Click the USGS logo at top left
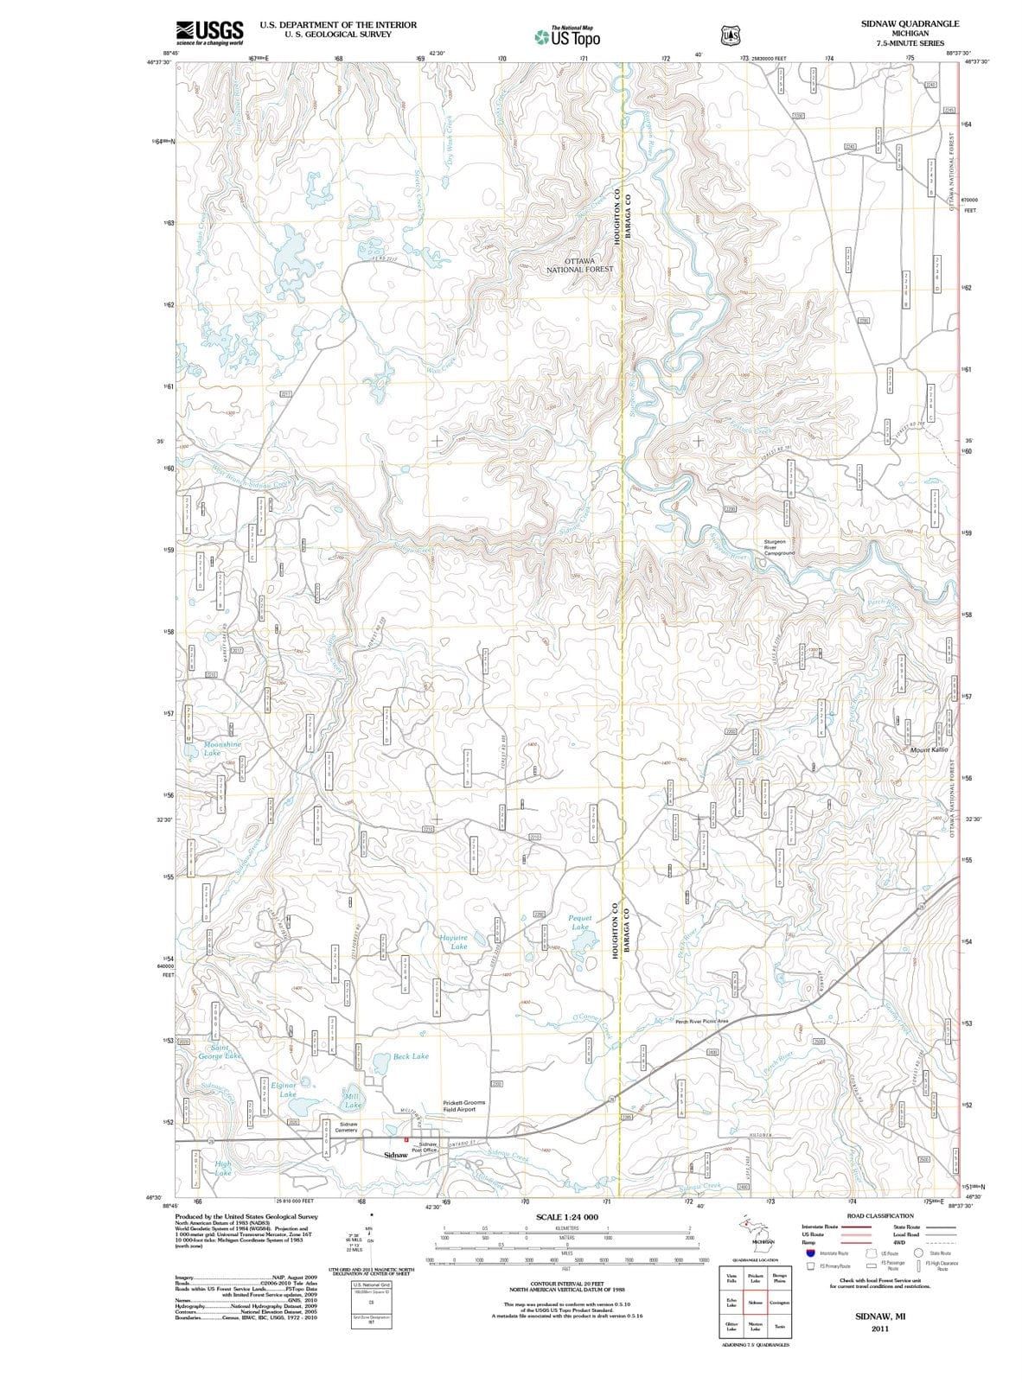point(208,32)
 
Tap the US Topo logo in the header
point(567,37)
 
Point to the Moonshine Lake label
point(222,748)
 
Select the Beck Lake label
point(411,1055)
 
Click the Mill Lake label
point(353,1100)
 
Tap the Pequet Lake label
point(580,921)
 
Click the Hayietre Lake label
point(454,941)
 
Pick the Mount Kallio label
point(929,749)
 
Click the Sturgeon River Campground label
point(778,547)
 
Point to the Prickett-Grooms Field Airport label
point(463,1106)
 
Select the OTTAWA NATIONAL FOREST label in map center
point(579,264)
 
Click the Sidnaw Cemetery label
point(348,1127)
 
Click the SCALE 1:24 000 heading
point(566,1216)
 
